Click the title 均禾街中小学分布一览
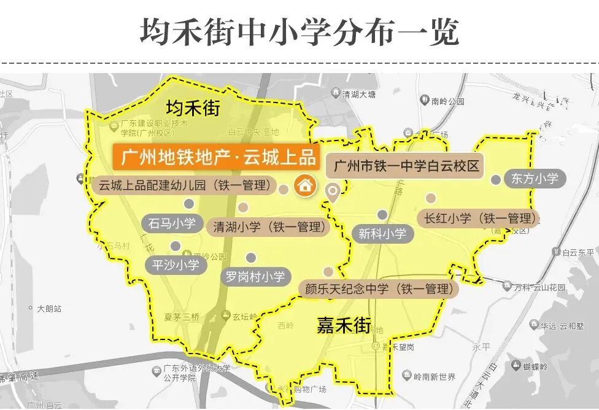pos(299,31)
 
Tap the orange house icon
pos(304,185)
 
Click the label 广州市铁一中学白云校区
pos(405,166)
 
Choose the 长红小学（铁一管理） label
pos(477,219)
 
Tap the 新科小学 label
pos(382,234)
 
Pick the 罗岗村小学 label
pos(255,277)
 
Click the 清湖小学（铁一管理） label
pos(268,226)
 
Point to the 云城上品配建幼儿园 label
pos(184,185)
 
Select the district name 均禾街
pos(193,109)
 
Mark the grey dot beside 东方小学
pos(496,179)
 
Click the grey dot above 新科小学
pos(382,215)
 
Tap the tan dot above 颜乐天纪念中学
pos(329,271)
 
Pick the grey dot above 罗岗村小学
pos(250,258)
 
